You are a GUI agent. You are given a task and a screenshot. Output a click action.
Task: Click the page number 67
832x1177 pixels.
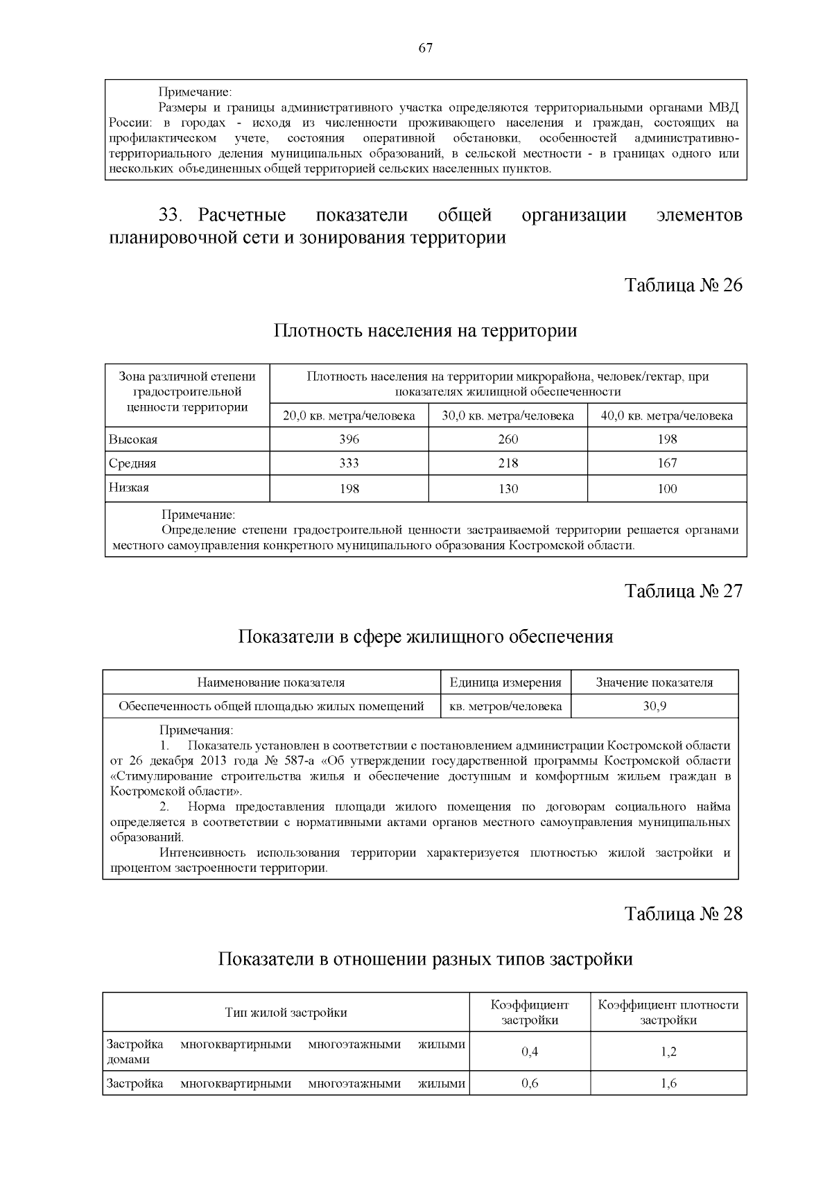426,48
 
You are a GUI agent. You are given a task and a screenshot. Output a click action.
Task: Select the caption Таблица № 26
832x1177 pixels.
684,285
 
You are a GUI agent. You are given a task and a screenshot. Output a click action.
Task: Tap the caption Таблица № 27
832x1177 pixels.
684,591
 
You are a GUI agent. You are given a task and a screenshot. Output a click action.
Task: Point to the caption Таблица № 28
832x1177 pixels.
684,913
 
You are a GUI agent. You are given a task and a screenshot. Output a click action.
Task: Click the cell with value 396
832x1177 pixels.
349,439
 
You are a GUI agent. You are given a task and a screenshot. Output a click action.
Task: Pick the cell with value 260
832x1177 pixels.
508,439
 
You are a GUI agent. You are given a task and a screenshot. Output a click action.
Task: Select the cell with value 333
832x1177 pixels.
349,463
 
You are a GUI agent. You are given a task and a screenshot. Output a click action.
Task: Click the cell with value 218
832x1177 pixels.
508,463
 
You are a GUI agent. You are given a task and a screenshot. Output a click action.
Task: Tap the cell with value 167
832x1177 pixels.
667,463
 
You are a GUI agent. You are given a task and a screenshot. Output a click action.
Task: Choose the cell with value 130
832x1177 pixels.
508,488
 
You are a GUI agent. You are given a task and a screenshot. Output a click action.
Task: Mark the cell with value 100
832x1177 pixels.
667,488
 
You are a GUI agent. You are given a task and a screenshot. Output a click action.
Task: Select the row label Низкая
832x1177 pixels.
129,488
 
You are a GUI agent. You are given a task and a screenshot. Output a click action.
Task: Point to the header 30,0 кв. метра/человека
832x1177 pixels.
508,415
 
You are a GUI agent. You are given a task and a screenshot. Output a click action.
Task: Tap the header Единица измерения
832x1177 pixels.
505,682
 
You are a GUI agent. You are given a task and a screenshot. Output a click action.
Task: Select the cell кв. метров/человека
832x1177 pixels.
505,706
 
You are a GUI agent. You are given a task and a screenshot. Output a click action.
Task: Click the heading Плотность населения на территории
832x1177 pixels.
426,330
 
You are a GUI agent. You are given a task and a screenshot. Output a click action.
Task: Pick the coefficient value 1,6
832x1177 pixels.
668,1083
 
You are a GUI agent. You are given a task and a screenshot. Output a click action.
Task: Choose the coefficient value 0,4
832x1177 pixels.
530,1051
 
